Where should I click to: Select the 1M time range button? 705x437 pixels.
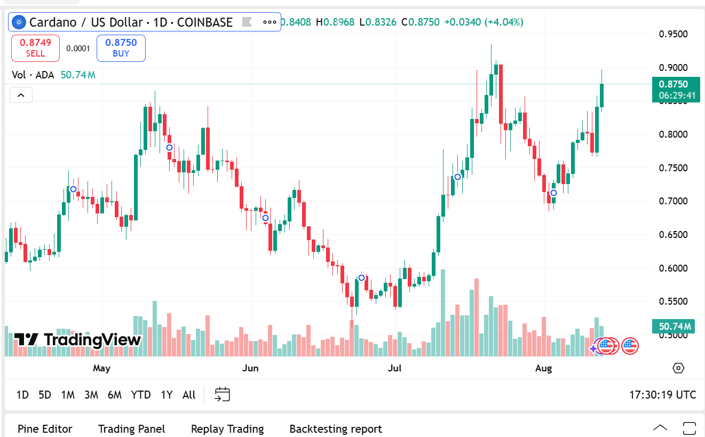(68, 395)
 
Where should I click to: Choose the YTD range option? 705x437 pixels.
(141, 395)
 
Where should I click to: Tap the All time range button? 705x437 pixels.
(189, 395)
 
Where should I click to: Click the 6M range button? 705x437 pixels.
(115, 395)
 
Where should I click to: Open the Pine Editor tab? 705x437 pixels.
(45, 429)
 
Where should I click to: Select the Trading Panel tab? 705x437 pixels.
(132, 429)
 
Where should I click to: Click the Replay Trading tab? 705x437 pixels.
(227, 429)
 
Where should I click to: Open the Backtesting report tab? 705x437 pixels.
(336, 429)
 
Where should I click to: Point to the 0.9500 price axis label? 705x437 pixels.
(674, 34)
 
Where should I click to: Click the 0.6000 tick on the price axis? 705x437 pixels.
(674, 268)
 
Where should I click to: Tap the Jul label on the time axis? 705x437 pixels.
(394, 368)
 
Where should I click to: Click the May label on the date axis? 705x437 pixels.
(101, 368)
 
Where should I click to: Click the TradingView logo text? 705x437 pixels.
(77, 339)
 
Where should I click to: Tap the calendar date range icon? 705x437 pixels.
(222, 395)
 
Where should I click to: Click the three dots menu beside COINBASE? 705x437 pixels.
(270, 22)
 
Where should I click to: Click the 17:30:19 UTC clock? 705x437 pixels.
(663, 395)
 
